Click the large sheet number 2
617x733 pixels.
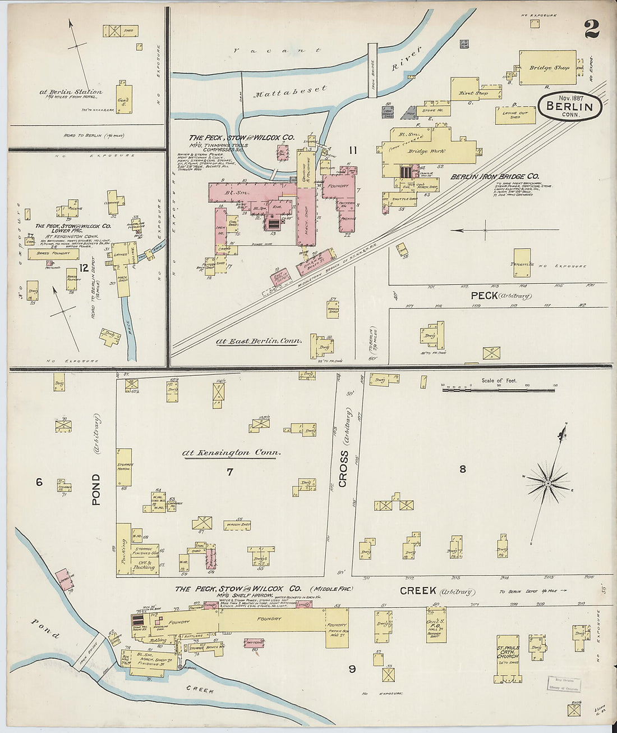click(x=591, y=29)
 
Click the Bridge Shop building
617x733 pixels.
click(x=547, y=68)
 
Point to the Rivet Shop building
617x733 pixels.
click(x=465, y=90)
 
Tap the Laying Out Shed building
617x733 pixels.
click(x=515, y=115)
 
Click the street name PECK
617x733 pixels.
click(x=484, y=295)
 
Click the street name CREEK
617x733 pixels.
click(x=418, y=590)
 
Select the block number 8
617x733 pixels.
click(x=462, y=469)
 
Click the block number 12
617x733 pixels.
click(x=84, y=267)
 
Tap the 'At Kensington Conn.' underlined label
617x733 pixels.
click(x=231, y=453)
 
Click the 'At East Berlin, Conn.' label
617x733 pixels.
click(x=259, y=341)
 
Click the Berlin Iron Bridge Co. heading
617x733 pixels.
click(x=495, y=176)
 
